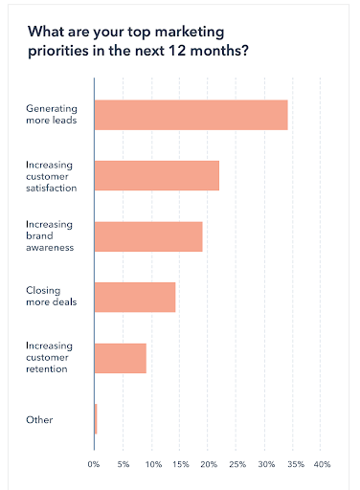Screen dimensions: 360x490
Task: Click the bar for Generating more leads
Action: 191,115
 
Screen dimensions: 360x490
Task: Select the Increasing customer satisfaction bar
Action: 157,175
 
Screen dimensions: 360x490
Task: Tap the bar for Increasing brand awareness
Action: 148,236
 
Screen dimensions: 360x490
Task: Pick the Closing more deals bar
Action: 135,297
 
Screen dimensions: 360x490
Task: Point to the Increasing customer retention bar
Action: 121,358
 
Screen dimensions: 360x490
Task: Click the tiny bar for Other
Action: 96,419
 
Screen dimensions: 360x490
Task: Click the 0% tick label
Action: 94,464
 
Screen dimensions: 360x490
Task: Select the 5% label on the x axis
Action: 124,464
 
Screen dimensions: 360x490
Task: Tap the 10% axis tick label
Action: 153,464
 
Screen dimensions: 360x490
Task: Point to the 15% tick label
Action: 181,464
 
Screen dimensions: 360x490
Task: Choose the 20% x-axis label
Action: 209,464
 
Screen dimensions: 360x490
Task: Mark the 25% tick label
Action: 237,464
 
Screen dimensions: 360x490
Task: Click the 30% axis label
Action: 266,464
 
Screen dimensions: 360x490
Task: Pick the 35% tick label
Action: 296,464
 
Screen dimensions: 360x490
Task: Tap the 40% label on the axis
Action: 322,464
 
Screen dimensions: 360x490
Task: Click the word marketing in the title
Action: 190,33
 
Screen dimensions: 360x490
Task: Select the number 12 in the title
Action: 177,51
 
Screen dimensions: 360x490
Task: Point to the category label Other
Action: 39,420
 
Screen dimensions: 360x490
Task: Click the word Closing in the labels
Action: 43,291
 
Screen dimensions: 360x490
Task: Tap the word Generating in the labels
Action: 52,109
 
